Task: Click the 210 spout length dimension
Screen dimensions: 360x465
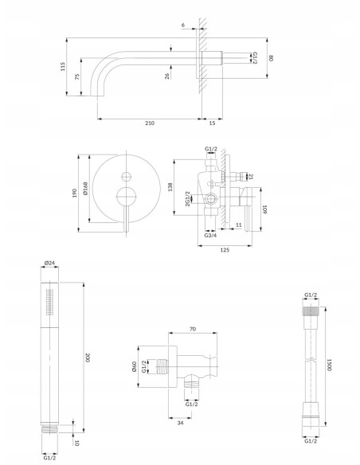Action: tap(150, 123)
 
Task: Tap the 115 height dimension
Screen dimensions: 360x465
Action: tap(63, 66)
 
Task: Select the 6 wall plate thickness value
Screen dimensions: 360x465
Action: tap(183, 25)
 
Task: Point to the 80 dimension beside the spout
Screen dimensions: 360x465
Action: tap(271, 58)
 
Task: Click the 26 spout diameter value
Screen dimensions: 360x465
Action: tap(167, 76)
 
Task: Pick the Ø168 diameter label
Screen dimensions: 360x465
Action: tap(86, 189)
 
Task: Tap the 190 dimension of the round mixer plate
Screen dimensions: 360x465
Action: tap(74, 193)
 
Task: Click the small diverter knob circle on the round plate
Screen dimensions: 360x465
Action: tap(127, 177)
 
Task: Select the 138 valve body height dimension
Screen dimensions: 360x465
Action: tap(170, 187)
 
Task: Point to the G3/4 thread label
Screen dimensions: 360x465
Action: tap(210, 236)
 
